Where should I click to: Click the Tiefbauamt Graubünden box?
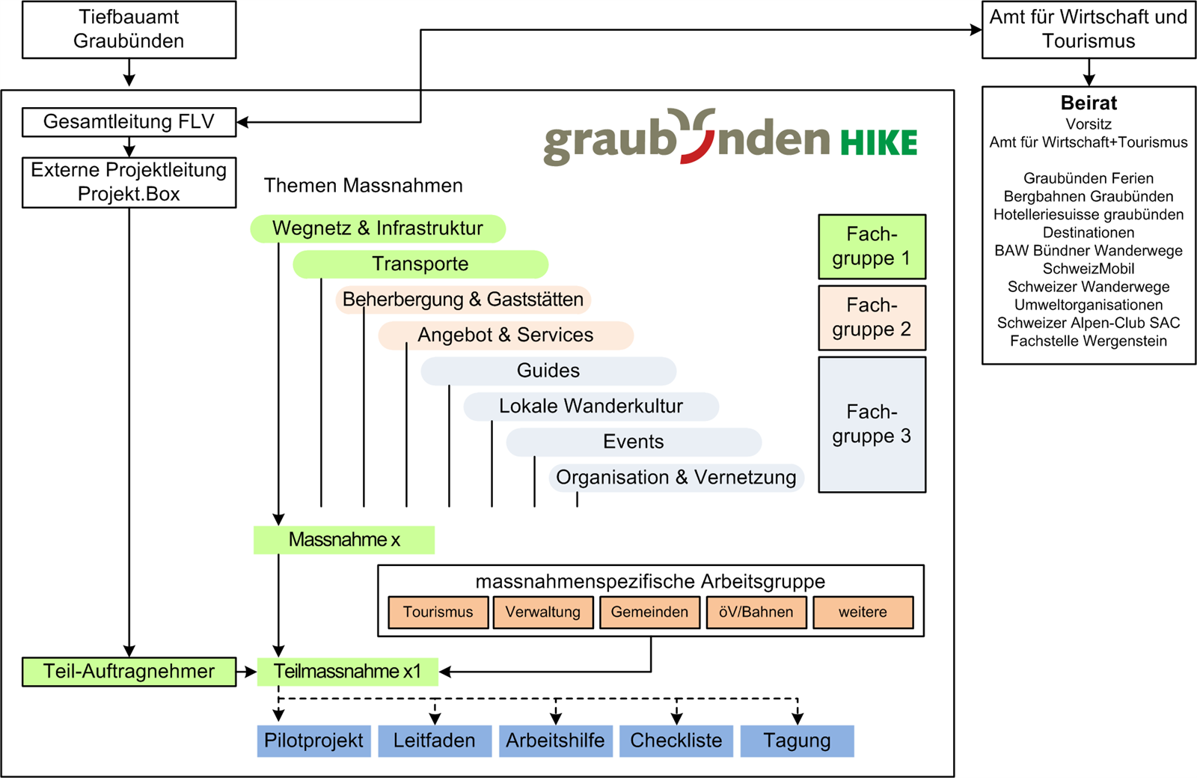tap(129, 29)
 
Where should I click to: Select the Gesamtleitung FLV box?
tap(129, 122)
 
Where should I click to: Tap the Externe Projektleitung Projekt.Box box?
tap(129, 182)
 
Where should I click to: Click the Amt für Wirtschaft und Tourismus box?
tap(1089, 29)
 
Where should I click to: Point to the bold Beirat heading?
tap(1089, 103)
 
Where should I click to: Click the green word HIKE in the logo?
tap(878, 142)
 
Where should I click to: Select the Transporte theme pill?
tap(420, 264)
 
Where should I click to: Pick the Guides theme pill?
tap(548, 371)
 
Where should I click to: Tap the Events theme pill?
tap(634, 442)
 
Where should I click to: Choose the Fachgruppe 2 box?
tap(872, 317)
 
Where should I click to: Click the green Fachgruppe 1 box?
tap(872, 246)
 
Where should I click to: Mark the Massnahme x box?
tap(344, 540)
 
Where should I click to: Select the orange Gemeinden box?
tap(649, 612)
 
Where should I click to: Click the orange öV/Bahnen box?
tap(756, 612)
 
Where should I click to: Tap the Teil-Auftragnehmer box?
tap(129, 672)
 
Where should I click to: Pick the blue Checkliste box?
tap(676, 741)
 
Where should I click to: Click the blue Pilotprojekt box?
tap(313, 741)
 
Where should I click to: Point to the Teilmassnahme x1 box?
tap(347, 672)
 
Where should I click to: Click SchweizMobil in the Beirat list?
tap(1089, 269)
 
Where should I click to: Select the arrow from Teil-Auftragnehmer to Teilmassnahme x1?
tap(247, 672)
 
